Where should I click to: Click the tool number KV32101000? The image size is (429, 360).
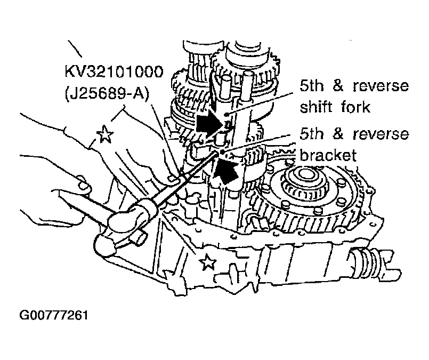click(114, 71)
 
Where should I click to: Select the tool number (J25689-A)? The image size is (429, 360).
click(107, 94)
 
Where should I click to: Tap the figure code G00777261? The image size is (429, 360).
click(54, 315)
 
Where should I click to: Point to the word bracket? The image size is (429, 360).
click(328, 155)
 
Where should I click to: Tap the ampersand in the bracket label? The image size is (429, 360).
click(338, 134)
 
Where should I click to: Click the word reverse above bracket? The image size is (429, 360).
click(381, 134)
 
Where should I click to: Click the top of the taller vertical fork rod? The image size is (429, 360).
click(248, 74)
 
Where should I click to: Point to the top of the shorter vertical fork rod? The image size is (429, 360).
click(227, 79)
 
